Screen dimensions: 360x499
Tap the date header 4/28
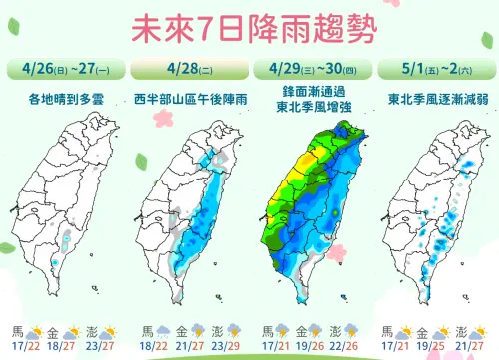[186, 71]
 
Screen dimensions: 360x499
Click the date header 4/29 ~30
[310, 71]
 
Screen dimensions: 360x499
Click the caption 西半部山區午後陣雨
[187, 98]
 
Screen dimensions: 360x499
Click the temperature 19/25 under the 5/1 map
[432, 345]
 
